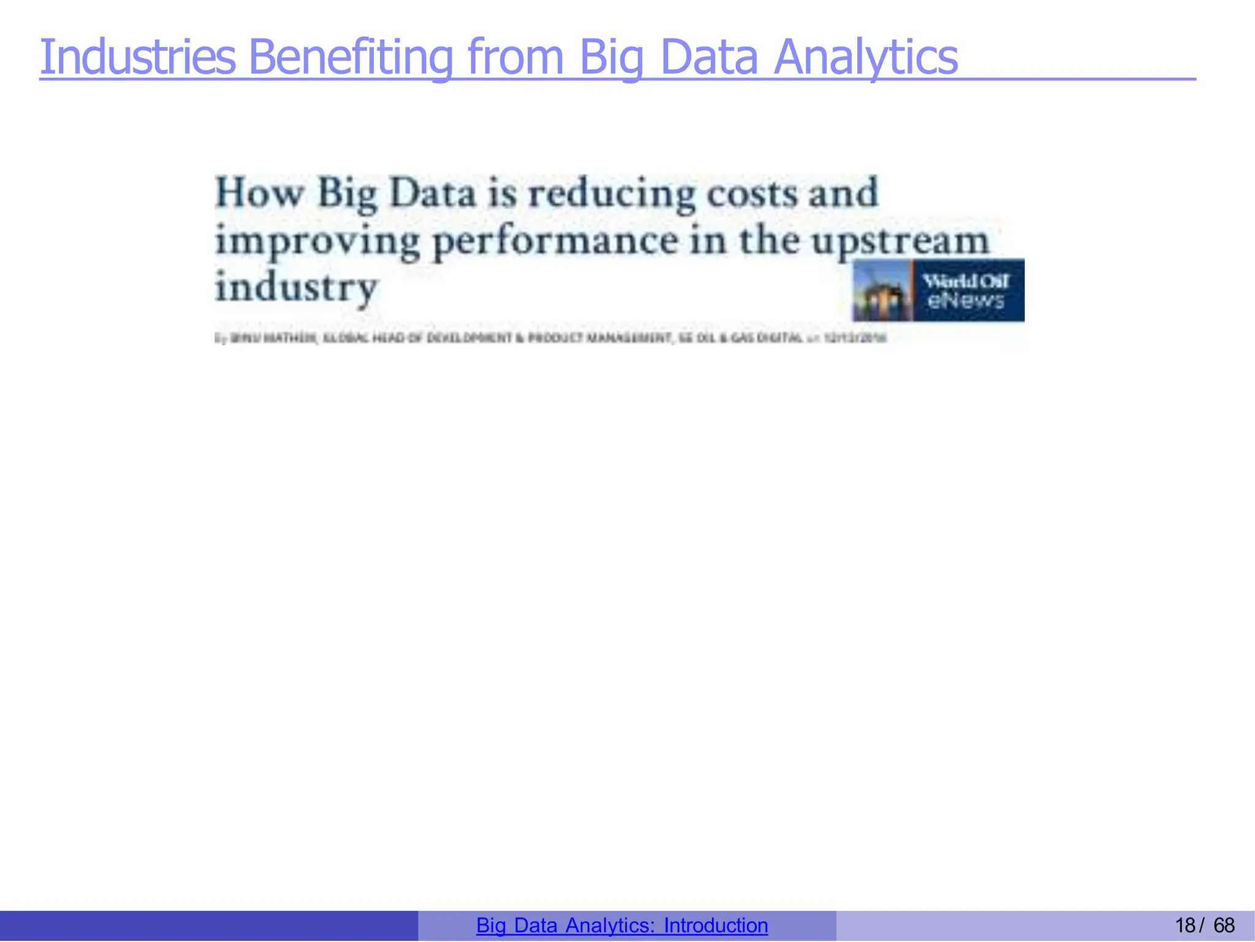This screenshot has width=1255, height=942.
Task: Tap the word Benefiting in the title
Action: pos(351,57)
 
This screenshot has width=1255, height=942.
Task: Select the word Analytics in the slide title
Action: pos(865,57)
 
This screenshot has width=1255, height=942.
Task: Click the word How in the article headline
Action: pos(259,193)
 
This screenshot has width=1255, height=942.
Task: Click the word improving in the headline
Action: pos(317,241)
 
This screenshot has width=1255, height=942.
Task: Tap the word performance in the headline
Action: pos(555,241)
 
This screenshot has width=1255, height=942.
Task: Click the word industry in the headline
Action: pos(296,287)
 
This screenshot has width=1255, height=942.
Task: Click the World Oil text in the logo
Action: pos(966,281)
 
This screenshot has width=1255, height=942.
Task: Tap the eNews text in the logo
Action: pos(966,300)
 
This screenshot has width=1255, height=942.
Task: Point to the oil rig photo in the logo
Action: pos(882,291)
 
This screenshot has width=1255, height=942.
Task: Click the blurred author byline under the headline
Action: pos(550,338)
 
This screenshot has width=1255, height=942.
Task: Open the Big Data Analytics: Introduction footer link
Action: pos(621,925)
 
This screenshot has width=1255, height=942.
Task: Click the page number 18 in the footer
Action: pos(1185,925)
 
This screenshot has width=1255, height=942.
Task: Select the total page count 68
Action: pos(1224,925)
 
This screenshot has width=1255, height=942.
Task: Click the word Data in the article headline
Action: pos(433,193)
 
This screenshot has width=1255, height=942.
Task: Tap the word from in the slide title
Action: pos(515,57)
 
